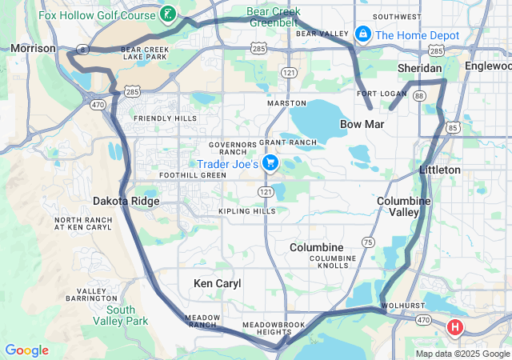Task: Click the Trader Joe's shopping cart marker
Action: tap(270, 164)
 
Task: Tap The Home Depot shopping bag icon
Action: tap(362, 35)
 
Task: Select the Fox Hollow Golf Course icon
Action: tap(168, 14)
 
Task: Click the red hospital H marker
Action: tap(455, 326)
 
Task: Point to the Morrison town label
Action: tap(34, 49)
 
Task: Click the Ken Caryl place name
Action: tap(217, 283)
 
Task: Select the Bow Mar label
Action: tap(362, 125)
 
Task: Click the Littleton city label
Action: tap(440, 170)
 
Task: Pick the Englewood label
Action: tap(487, 66)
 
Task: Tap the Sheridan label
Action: tap(421, 69)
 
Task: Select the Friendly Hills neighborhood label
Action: tap(166, 118)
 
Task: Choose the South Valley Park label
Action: tap(121, 315)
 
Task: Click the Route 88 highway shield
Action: tap(419, 95)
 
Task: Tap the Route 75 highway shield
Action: tap(368, 242)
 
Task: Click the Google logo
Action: tap(26, 350)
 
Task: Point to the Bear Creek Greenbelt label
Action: tap(274, 17)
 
